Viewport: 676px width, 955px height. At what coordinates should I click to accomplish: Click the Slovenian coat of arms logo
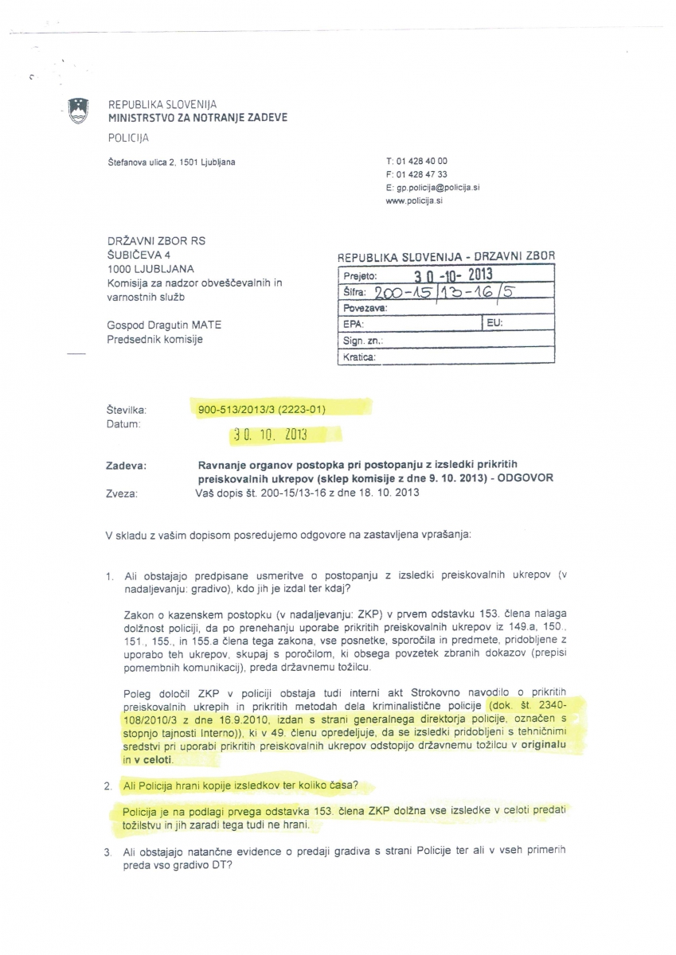click(77, 111)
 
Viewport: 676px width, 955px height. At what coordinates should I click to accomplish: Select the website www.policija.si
click(414, 201)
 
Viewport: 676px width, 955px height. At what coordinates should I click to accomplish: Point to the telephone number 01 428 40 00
click(421, 161)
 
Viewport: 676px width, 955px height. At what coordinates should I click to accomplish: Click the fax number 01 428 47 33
click(421, 174)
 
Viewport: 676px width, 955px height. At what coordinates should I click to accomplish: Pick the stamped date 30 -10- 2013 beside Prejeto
click(455, 275)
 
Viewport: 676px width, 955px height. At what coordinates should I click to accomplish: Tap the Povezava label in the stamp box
click(365, 307)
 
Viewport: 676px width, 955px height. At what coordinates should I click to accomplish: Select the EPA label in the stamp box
click(353, 324)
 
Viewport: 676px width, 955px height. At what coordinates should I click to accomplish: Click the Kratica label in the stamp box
click(359, 357)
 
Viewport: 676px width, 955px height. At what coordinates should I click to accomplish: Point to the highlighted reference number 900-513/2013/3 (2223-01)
click(262, 409)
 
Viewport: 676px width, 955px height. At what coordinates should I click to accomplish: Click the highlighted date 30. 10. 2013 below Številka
click(268, 435)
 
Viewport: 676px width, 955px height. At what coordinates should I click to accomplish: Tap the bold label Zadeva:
click(126, 465)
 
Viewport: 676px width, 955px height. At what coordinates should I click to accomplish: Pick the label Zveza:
click(121, 493)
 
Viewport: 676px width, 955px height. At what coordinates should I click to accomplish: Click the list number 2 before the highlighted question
click(108, 785)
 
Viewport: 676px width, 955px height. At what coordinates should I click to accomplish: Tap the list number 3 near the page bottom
click(108, 852)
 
